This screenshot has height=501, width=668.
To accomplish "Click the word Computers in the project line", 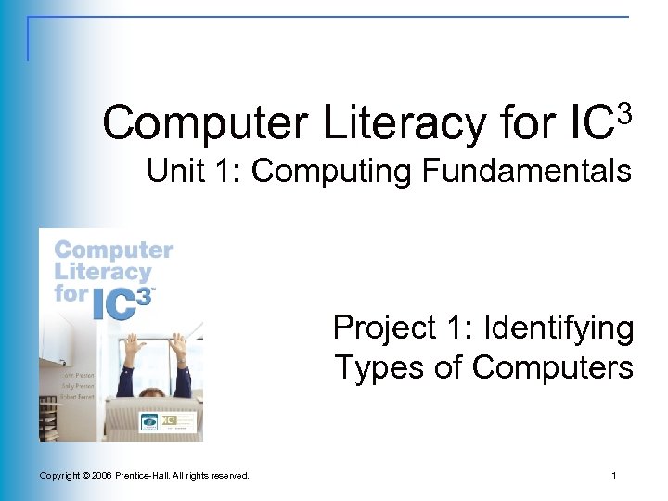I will (x=552, y=367).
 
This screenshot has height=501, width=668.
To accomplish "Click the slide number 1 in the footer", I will (x=614, y=476).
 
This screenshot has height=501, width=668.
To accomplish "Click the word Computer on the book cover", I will (x=113, y=250).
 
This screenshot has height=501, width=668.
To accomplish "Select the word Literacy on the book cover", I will (x=102, y=272).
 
